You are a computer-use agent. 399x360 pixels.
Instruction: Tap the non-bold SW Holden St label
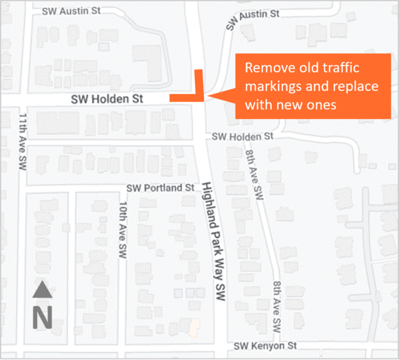pos(242,137)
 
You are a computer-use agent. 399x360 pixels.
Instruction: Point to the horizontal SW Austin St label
pos(72,11)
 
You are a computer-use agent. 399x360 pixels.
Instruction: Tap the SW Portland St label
pos(160,188)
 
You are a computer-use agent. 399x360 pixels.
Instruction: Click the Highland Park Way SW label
pos(214,240)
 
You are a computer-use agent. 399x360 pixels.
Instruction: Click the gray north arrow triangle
pos(42,290)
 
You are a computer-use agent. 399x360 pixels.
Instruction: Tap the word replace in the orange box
pos(352,86)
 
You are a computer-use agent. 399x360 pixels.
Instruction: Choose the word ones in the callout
pos(321,106)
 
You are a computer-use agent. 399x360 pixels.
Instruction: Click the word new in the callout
pos(289,106)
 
